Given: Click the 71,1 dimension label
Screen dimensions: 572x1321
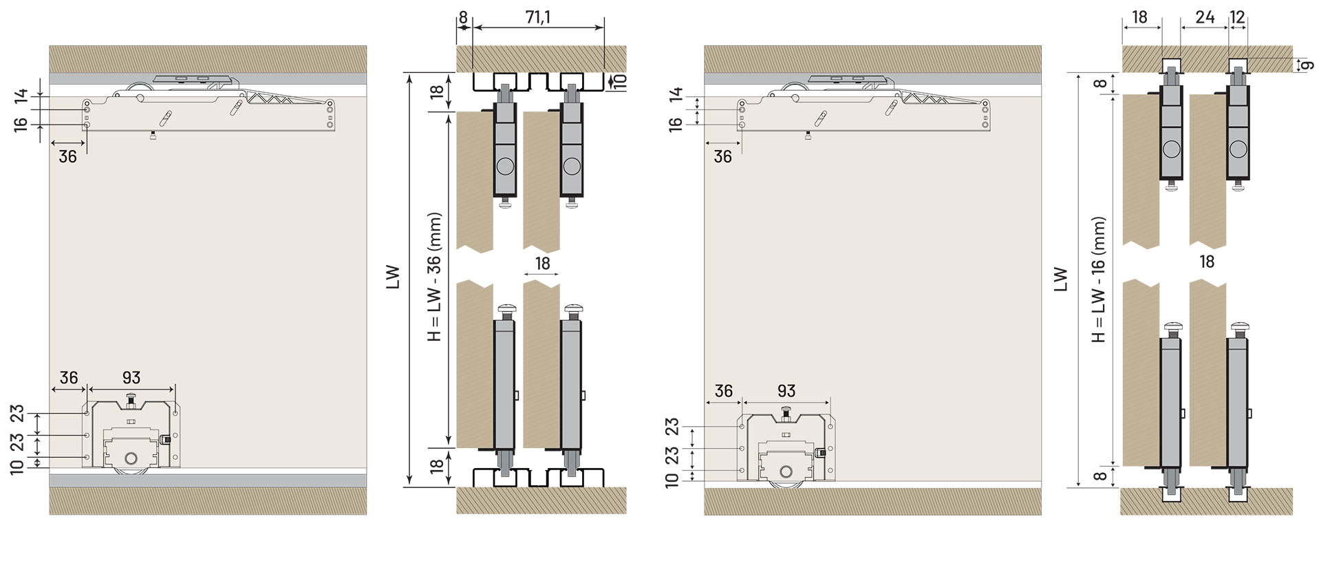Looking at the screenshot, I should (x=537, y=18).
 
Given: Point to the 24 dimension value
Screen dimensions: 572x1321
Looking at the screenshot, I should (x=1205, y=17).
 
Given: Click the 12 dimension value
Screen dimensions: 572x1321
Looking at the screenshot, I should (x=1237, y=17).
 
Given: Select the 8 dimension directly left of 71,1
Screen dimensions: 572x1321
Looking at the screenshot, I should (x=463, y=18).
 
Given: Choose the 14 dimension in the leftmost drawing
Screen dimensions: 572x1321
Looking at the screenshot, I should (x=20, y=96).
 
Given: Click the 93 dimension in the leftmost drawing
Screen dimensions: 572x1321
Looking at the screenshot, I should (x=131, y=377).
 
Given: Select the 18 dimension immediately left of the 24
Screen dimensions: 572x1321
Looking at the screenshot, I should (x=1140, y=17).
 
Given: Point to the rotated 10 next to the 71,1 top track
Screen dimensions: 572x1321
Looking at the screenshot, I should (x=619, y=82).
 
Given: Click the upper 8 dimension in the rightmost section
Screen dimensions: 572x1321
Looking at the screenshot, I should (x=1101, y=84).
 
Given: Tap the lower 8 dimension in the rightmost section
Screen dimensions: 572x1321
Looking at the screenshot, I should (x=1101, y=476).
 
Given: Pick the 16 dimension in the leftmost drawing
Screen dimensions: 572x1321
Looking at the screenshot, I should (x=20, y=124).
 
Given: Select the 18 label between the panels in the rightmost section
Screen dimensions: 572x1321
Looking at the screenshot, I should (x=1206, y=262).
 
